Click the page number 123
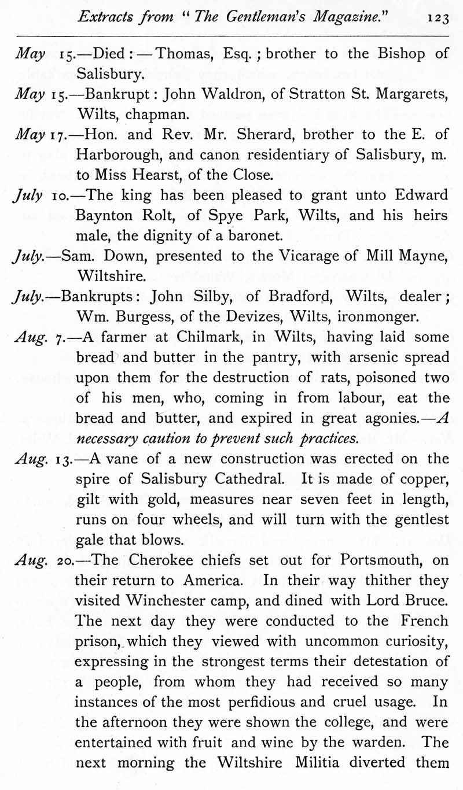(x=438, y=18)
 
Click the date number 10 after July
(x=66, y=195)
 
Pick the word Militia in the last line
(x=328, y=762)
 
